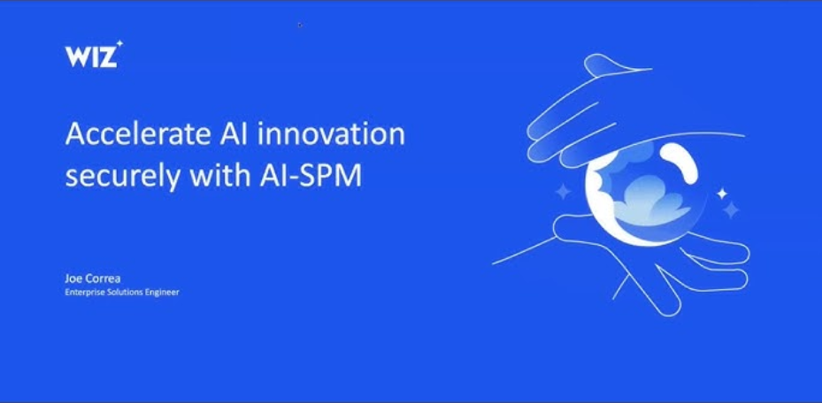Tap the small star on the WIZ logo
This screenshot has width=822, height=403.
120,43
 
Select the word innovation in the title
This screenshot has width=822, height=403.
331,134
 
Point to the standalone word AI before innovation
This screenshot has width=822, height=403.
231,134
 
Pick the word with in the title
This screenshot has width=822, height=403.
220,176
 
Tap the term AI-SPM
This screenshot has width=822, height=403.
311,177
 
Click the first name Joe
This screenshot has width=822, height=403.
74,278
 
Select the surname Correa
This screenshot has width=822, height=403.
104,278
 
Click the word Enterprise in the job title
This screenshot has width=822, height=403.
81,293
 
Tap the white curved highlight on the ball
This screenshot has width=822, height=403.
680,163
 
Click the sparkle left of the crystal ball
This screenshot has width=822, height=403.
563,191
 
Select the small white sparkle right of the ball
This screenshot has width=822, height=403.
722,194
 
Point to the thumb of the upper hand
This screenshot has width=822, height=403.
613,66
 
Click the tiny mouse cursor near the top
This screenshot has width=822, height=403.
300,24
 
